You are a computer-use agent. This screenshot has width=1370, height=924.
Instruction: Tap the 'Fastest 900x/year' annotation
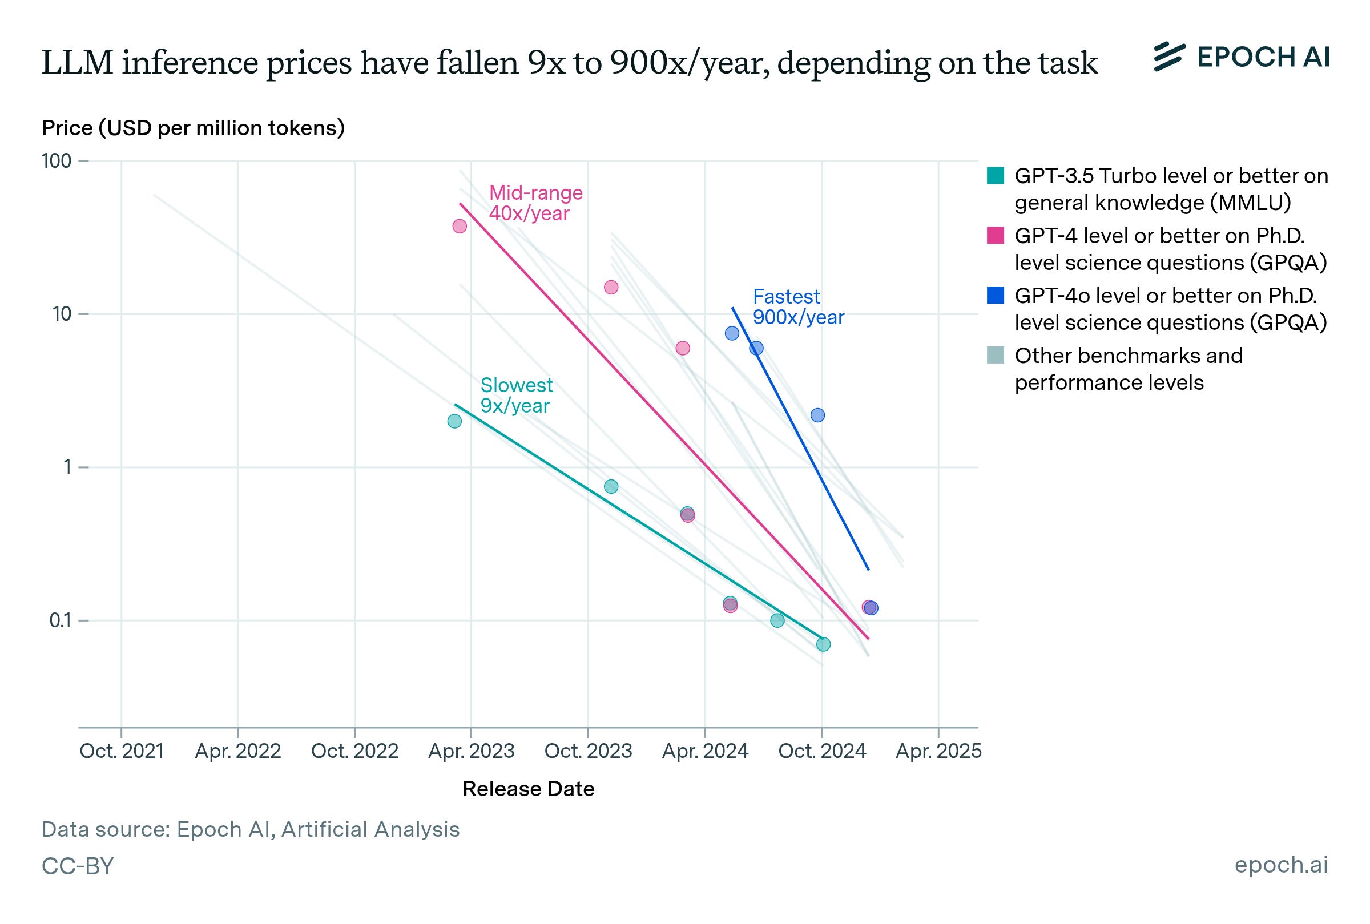[x=798, y=307]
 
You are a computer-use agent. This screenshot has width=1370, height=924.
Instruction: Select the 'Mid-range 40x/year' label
[x=535, y=203]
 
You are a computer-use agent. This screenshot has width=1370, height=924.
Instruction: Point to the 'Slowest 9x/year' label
[x=516, y=396]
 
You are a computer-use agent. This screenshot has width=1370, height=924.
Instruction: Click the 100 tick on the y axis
[x=57, y=161]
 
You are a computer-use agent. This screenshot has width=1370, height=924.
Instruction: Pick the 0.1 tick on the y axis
[x=60, y=620]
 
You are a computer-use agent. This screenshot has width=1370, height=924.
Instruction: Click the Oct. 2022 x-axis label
[x=354, y=751]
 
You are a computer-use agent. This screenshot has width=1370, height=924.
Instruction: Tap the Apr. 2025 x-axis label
[x=938, y=751]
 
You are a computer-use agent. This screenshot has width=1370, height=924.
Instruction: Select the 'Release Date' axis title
[x=528, y=789]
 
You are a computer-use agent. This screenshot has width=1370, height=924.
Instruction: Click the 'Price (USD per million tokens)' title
[x=193, y=128]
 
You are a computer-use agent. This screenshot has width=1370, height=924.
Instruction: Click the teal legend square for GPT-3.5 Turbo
[x=995, y=176]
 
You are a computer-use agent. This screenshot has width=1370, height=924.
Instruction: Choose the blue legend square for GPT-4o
[x=995, y=295]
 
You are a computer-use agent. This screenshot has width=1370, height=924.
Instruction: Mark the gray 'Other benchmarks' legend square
[x=995, y=356]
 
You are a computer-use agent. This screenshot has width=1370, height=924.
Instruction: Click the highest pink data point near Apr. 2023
[x=460, y=226]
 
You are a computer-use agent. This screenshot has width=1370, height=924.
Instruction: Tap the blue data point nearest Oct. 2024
[x=817, y=415]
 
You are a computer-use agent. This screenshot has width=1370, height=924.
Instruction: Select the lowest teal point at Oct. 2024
[x=823, y=645]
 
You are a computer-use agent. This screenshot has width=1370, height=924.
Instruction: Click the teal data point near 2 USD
[x=454, y=421]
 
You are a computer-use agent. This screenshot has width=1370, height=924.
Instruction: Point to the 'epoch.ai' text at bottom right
[x=1281, y=865]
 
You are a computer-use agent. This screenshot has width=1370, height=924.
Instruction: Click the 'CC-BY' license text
[x=77, y=866]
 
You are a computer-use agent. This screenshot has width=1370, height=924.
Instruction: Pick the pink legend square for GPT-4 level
[x=995, y=236]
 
